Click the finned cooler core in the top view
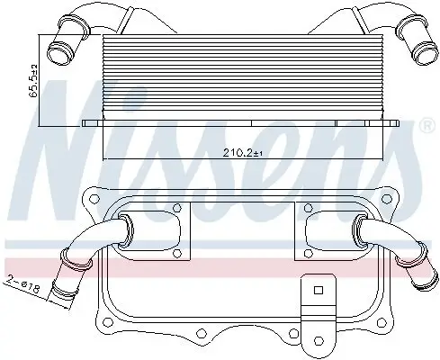click(243, 76)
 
